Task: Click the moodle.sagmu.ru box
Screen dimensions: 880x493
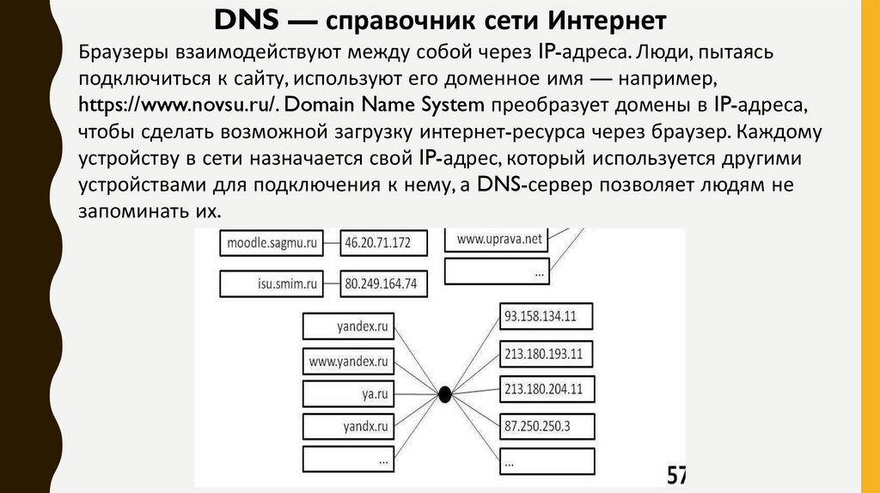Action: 272,243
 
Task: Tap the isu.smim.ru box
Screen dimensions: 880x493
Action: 272,283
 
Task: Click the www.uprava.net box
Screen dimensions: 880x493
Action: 498,240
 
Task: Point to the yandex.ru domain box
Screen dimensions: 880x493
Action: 348,326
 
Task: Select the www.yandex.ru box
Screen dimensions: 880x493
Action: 348,361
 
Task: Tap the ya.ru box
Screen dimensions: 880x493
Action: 348,393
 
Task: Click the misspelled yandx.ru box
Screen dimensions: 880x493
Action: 348,426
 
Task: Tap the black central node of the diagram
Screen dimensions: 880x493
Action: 445,394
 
